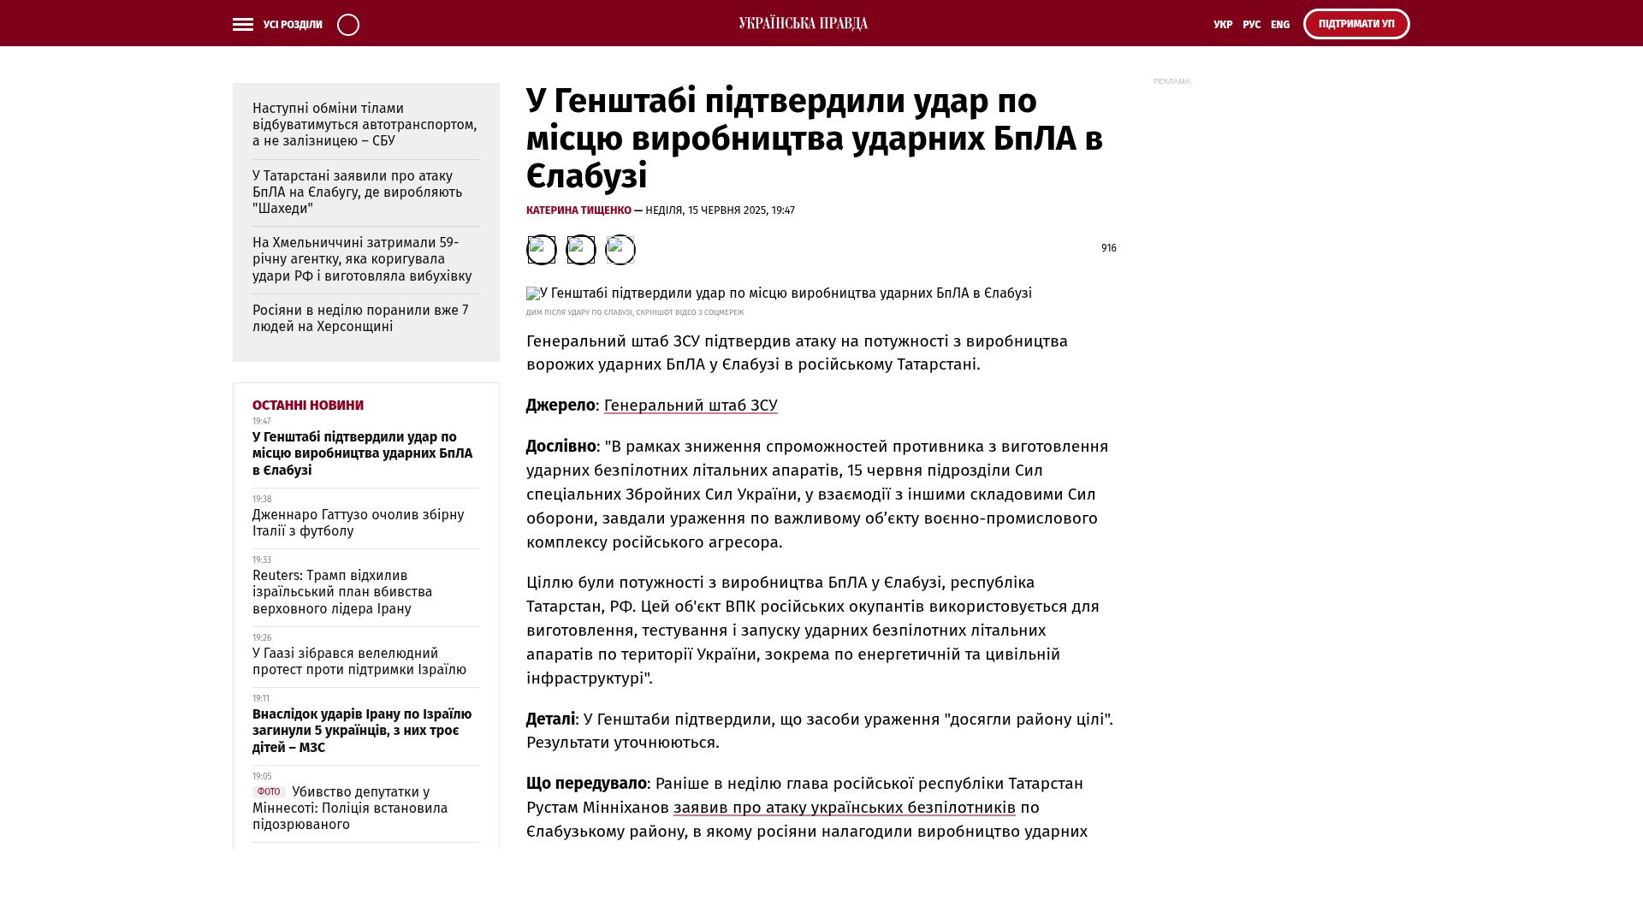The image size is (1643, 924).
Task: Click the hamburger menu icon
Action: pyautogui.click(x=243, y=25)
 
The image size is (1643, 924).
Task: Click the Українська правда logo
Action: pyautogui.click(x=803, y=23)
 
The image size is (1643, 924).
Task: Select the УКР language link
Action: pyautogui.click(x=1223, y=25)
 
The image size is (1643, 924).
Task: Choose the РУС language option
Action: pyautogui.click(x=1251, y=25)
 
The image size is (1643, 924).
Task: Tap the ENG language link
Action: pyautogui.click(x=1280, y=25)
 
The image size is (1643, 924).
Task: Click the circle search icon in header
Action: pyautogui.click(x=348, y=25)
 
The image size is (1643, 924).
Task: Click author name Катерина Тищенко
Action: pyautogui.click(x=578, y=210)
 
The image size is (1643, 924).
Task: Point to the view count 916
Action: pyautogui.click(x=1108, y=248)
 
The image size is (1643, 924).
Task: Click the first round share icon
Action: pyautogui.click(x=541, y=250)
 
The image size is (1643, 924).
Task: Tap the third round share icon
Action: pyautogui.click(x=620, y=250)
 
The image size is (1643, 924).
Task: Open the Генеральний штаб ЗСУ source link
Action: pyautogui.click(x=691, y=406)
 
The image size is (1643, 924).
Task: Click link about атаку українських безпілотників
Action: pyautogui.click(x=844, y=808)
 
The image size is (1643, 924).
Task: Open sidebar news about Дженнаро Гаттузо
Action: pyautogui.click(x=358, y=523)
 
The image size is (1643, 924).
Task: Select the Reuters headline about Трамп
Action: pyautogui.click(x=342, y=592)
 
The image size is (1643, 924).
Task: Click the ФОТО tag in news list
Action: pyautogui.click(x=268, y=792)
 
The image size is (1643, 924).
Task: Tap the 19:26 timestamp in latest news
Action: pyautogui.click(x=262, y=638)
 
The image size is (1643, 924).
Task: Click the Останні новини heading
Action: pyautogui.click(x=308, y=406)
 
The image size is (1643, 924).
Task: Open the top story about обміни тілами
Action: pyautogui.click(x=365, y=125)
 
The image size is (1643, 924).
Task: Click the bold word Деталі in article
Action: pyautogui.click(x=550, y=720)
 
